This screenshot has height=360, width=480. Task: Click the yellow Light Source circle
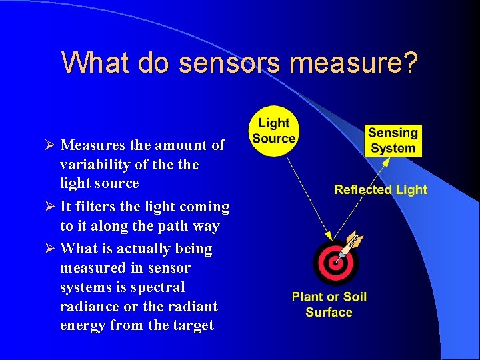coord(273,131)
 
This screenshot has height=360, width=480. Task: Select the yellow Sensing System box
coord(393,141)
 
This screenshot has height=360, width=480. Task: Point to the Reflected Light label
coord(381,189)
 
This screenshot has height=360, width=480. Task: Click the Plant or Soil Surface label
coord(329,304)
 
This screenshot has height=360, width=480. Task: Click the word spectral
coord(159,287)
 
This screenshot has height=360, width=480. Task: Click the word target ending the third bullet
coord(192,325)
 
